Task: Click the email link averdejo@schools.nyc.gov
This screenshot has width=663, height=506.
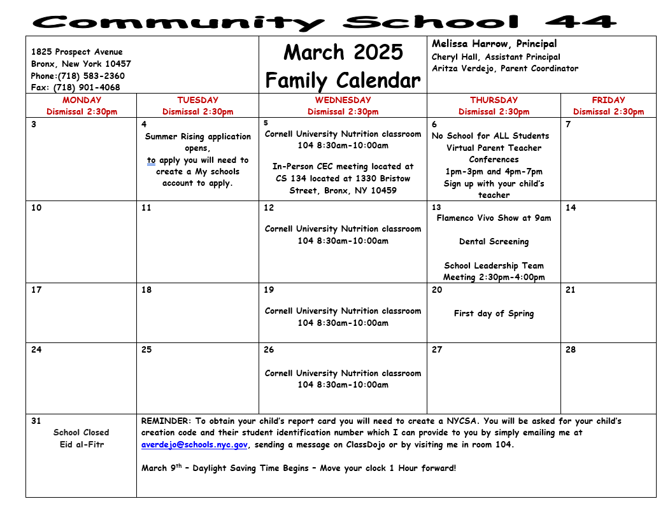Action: point(194,445)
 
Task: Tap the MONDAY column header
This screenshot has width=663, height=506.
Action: point(82,100)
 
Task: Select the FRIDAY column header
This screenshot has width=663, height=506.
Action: point(608,100)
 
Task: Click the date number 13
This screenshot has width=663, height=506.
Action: point(436,207)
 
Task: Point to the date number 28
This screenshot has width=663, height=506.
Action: point(570,349)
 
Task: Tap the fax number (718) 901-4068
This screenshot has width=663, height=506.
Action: point(87,88)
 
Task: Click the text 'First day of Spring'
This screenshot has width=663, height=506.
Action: point(494,314)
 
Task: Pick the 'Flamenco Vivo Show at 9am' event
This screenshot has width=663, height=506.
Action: point(494,218)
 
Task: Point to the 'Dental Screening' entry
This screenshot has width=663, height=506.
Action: point(494,242)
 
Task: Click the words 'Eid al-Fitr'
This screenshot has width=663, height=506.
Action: point(81,444)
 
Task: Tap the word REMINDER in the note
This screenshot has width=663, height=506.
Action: point(166,421)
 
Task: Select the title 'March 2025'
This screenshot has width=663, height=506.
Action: point(343,52)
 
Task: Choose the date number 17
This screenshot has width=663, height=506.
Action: point(36,290)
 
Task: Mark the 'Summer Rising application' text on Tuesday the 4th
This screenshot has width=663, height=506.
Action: point(198,136)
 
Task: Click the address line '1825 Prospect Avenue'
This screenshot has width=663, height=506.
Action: point(77,52)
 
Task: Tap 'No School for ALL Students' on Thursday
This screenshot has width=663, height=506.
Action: point(490,136)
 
